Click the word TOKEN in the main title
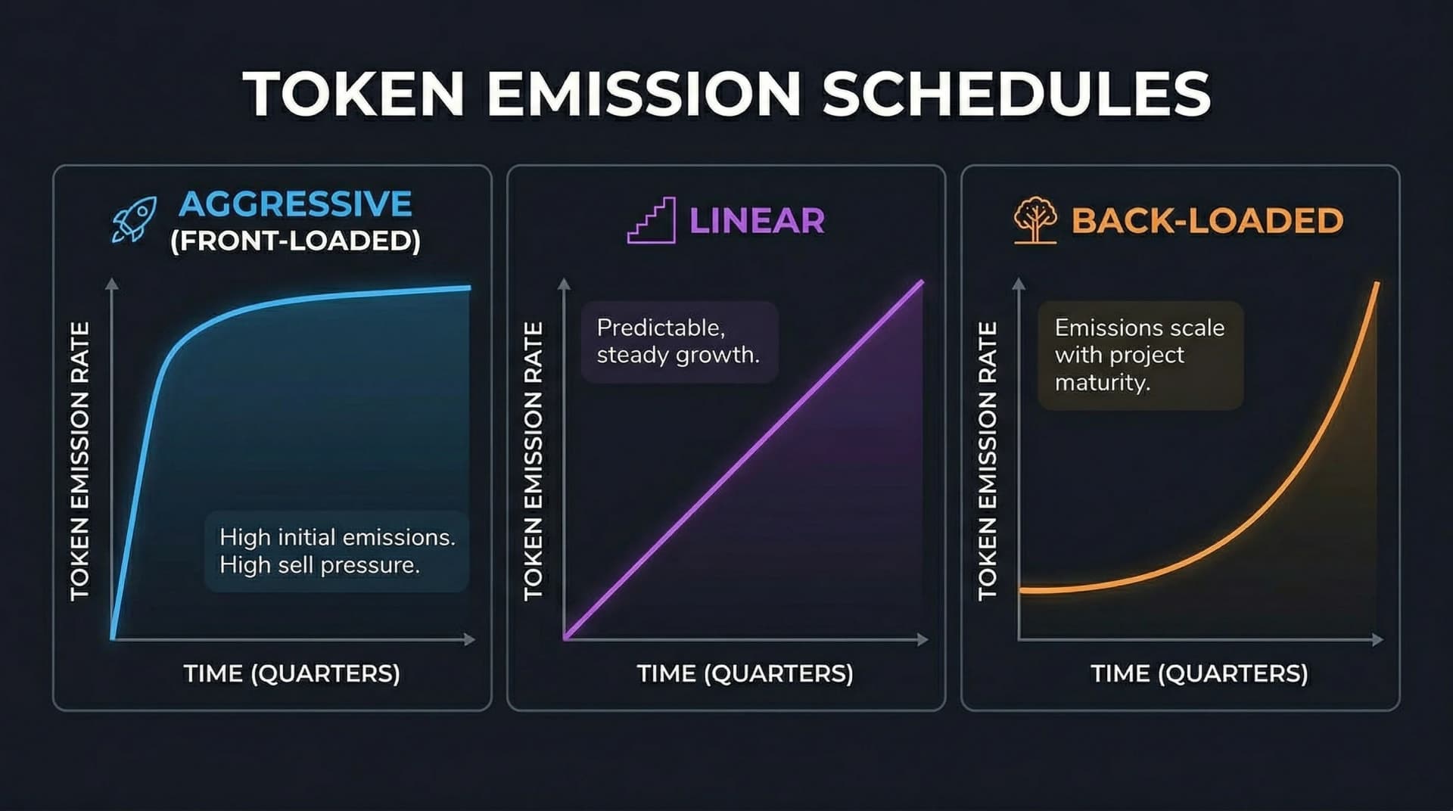click(x=353, y=94)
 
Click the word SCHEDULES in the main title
click(x=1016, y=94)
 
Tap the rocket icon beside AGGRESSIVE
click(x=135, y=219)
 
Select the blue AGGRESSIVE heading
click(x=295, y=204)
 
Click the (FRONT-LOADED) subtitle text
click(x=295, y=241)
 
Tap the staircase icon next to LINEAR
click(x=652, y=220)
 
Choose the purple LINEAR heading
click(x=756, y=220)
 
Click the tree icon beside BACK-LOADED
click(x=1035, y=219)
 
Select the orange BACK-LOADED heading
click(x=1207, y=220)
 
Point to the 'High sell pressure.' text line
click(x=319, y=565)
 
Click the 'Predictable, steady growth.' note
click(x=677, y=341)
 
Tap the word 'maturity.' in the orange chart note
click(x=1103, y=383)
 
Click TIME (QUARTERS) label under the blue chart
click(x=291, y=673)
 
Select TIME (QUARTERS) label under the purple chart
click(x=745, y=673)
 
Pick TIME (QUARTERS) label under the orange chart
click(x=1199, y=673)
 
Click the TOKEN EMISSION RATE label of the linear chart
click(x=534, y=461)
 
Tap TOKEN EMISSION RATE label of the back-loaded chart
click(x=988, y=461)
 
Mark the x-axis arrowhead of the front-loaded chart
click(x=470, y=640)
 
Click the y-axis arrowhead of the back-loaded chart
click(x=1019, y=284)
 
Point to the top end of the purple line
click(x=921, y=283)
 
